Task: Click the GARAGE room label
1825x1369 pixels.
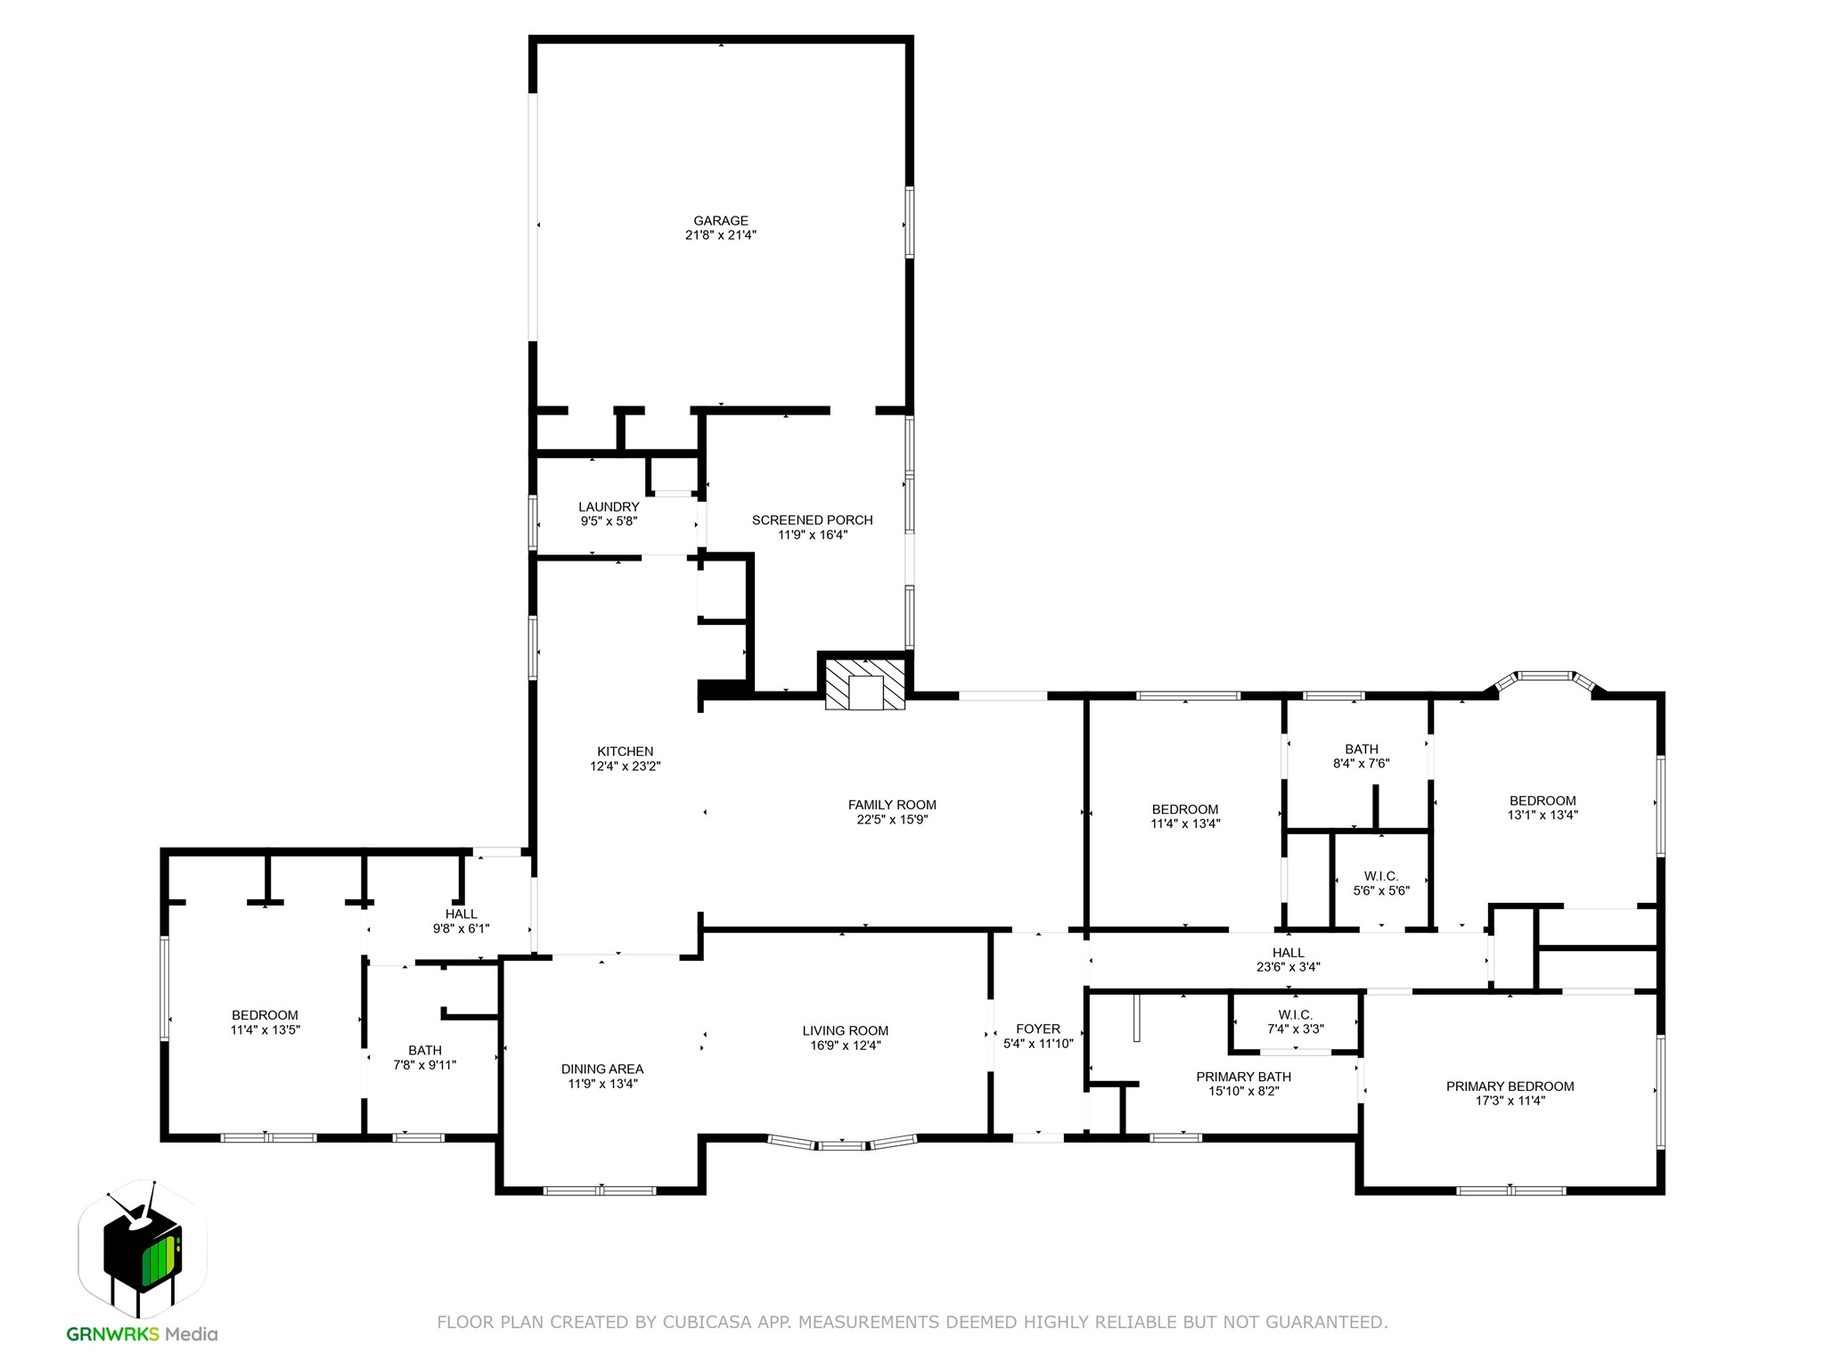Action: [x=721, y=221]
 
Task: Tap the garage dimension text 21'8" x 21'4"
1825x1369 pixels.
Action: [x=721, y=235]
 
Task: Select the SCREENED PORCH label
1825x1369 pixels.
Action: [x=812, y=521]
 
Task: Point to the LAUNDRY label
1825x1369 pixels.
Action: [x=609, y=507]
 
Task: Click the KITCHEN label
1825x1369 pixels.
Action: [x=625, y=751]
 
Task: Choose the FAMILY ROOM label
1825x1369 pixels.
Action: [x=892, y=805]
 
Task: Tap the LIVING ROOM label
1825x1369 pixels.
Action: [x=845, y=1031]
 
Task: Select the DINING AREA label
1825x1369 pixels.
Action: [x=602, y=1070]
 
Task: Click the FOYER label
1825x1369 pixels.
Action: [x=1038, y=1029]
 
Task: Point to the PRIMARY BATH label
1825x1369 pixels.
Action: [x=1243, y=1077]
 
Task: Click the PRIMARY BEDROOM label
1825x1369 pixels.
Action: [x=1510, y=1086]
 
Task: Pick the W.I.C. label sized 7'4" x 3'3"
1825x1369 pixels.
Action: [x=1295, y=1015]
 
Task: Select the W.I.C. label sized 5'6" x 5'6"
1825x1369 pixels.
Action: [x=1381, y=876]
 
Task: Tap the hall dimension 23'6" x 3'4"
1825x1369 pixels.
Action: [x=1289, y=966]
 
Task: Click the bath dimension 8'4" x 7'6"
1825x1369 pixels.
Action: [x=1361, y=763]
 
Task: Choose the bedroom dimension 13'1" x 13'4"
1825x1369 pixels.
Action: [x=1543, y=815]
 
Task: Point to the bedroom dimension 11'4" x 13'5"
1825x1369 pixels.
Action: [x=265, y=1029]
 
